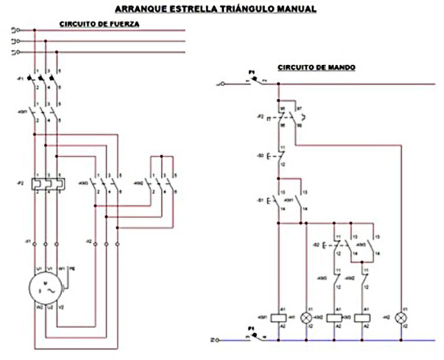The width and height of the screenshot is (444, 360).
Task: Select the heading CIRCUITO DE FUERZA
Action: (x=98, y=24)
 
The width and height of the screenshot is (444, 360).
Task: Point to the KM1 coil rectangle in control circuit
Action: (x=279, y=317)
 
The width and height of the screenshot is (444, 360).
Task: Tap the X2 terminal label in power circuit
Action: (x=88, y=240)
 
